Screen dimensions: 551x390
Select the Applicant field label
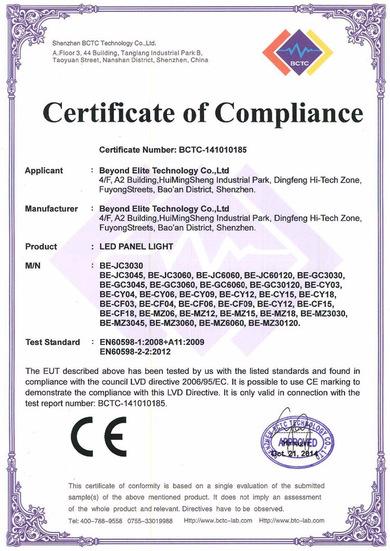tap(44, 171)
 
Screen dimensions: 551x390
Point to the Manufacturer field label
tap(51, 209)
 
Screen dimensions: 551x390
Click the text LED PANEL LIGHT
tap(136, 246)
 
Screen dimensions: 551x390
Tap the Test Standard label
tap(53, 342)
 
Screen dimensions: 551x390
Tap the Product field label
tap(41, 246)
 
